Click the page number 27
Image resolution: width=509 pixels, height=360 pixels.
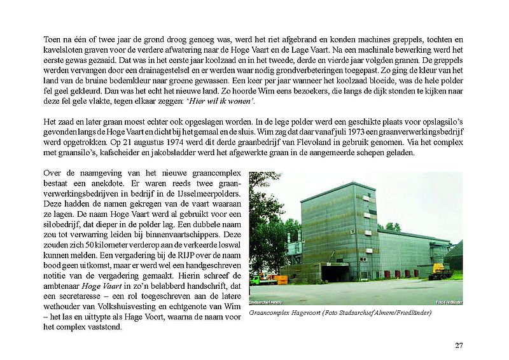[459, 345]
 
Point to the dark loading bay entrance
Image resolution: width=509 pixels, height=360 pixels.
[335, 273]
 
